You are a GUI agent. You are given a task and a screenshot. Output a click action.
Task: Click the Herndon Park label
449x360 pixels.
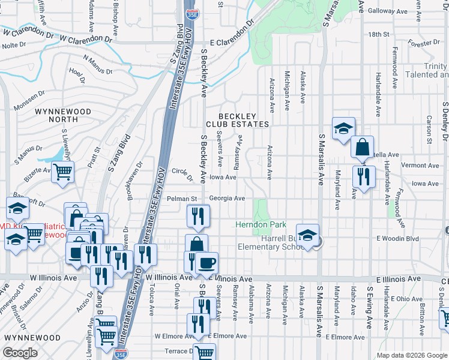pyautogui.click(x=261, y=224)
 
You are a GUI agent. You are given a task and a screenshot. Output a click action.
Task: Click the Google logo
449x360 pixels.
pyautogui.click(x=20, y=353)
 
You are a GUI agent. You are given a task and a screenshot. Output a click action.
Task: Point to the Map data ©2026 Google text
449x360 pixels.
pyautogui.click(x=412, y=355)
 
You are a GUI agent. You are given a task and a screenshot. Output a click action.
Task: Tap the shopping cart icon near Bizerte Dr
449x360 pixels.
pyautogui.click(x=62, y=172)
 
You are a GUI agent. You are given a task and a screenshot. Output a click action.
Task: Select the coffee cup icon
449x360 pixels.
pyautogui.click(x=206, y=263)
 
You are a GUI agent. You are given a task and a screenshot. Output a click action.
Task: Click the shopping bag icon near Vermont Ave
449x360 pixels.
pyautogui.click(x=363, y=147)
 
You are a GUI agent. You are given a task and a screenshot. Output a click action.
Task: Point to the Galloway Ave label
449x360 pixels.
pyautogui.click(x=388, y=11)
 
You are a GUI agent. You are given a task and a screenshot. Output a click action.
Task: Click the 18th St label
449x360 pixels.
pyautogui.click(x=380, y=35)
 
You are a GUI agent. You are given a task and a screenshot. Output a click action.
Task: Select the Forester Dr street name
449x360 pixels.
pyautogui.click(x=424, y=43)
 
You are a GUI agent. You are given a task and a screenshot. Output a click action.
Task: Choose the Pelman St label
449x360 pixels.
pyautogui.click(x=182, y=198)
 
